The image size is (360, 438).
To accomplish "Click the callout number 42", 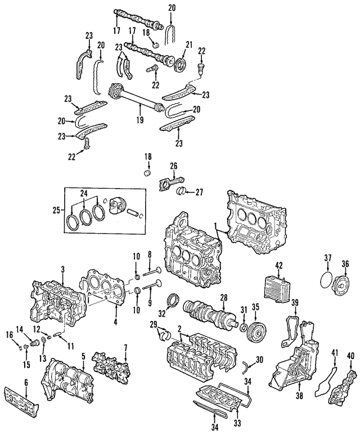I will [x=278, y=265].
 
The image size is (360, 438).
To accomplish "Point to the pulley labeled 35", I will [x=256, y=328].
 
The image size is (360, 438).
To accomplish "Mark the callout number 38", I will [x=297, y=387].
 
